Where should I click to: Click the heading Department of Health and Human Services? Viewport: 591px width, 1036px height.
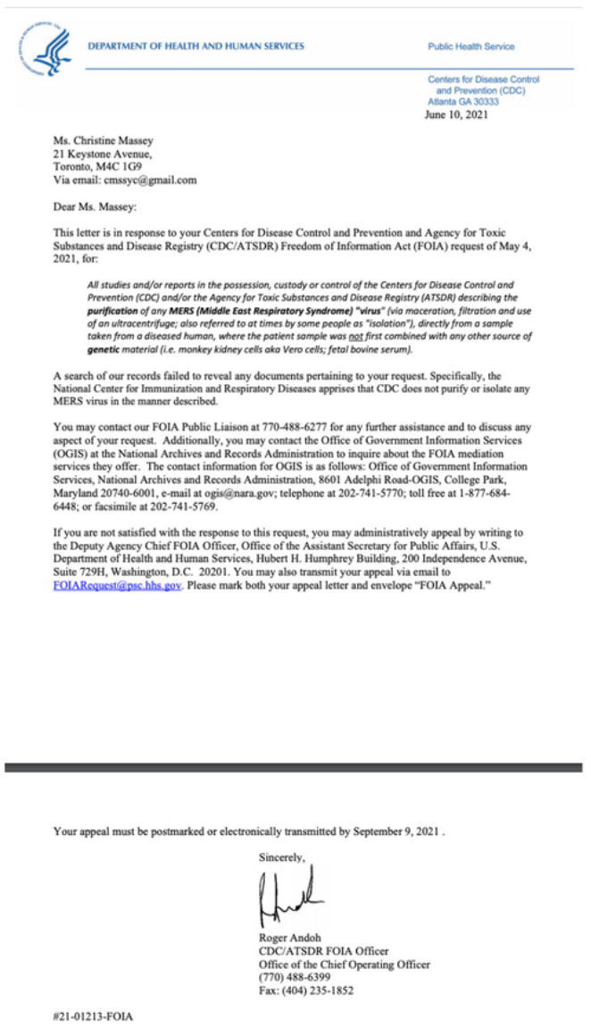click(x=196, y=46)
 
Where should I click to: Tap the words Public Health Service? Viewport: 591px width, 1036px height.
click(x=470, y=46)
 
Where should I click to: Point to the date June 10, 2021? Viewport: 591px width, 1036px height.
click(x=455, y=113)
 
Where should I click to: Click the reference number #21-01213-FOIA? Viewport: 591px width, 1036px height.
click(x=92, y=1016)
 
